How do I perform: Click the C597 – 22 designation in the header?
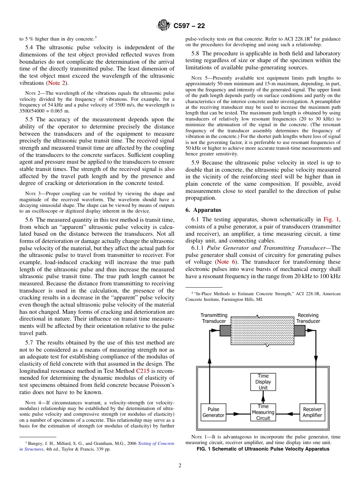pyautogui.click(x=189, y=26)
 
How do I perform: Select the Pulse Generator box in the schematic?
pyautogui.click(x=213, y=412)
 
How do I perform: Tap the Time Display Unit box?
pyautogui.click(x=263, y=382)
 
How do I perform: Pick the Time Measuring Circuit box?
pyautogui.click(x=263, y=412)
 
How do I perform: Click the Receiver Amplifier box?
pyautogui.click(x=312, y=412)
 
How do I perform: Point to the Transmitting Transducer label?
pyautogui.click(x=214, y=318)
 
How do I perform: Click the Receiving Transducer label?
pyautogui.click(x=308, y=318)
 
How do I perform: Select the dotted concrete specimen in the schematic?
pyautogui.click(x=262, y=330)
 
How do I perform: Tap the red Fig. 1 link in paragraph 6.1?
pyautogui.click(x=331, y=219)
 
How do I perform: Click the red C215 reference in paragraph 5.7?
pyautogui.click(x=143, y=371)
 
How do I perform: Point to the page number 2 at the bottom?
pyautogui.click(x=180, y=466)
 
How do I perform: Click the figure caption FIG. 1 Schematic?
pyautogui.click(x=263, y=449)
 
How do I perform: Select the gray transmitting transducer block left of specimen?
pyautogui.click(x=225, y=331)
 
